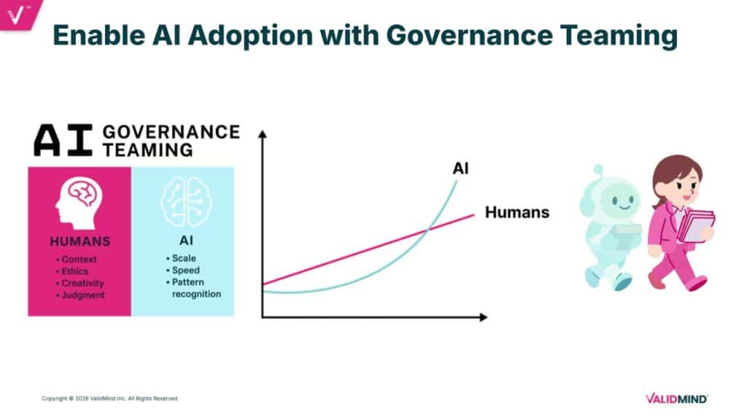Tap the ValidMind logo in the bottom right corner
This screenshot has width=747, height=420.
click(676, 398)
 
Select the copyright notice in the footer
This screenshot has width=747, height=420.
click(109, 398)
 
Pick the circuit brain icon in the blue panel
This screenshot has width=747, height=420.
click(182, 200)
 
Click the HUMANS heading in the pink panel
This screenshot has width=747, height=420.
click(80, 241)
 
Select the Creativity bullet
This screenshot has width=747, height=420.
click(82, 283)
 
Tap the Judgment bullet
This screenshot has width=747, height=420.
click(82, 295)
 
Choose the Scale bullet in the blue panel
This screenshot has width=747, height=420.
click(183, 258)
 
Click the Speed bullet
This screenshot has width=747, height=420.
click(185, 270)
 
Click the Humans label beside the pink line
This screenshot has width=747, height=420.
click(516, 213)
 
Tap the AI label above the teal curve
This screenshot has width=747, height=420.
click(460, 169)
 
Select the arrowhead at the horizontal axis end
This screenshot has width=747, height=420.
click(483, 317)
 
